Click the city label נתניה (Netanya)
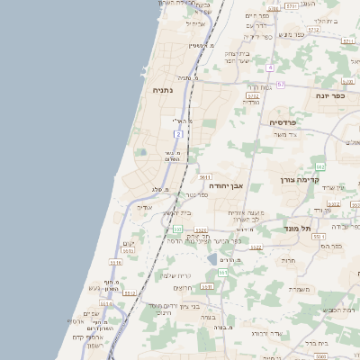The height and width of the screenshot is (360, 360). (x=162, y=90)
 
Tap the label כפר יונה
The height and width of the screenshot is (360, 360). (x=335, y=95)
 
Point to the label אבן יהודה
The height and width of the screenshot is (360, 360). (x=226, y=185)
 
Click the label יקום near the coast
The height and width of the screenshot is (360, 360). (x=128, y=244)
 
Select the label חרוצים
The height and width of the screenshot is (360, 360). (x=184, y=288)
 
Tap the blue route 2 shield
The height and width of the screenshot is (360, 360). (x=178, y=134)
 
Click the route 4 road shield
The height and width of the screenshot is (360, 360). (x=269, y=67)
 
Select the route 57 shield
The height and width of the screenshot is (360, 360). (x=281, y=84)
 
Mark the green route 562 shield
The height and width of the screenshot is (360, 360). (x=319, y=166)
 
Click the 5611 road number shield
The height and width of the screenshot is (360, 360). (x=205, y=177)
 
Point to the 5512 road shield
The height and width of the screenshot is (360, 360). (x=130, y=292)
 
